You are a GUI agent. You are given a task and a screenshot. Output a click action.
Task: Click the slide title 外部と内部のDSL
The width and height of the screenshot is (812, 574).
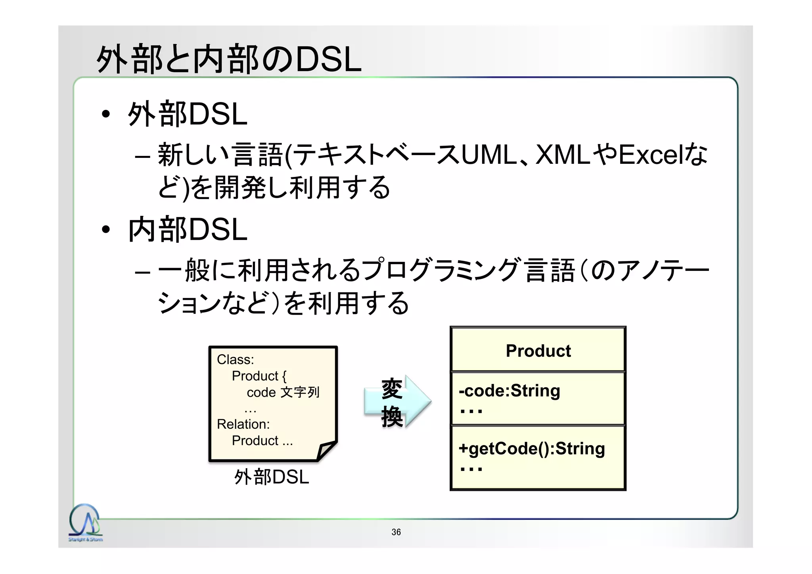pyautogui.click(x=229, y=60)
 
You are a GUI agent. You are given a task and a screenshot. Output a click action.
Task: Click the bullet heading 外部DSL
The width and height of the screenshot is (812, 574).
pyautogui.click(x=188, y=114)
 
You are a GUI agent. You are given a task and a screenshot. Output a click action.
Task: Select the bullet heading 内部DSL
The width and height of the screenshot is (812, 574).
pyautogui.click(x=188, y=230)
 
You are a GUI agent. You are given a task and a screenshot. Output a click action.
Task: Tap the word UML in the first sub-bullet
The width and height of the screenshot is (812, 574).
pyautogui.click(x=489, y=155)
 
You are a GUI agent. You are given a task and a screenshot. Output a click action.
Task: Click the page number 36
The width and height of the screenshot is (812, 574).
pyautogui.click(x=396, y=532)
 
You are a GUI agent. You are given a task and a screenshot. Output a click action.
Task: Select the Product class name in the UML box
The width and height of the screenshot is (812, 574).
pyautogui.click(x=538, y=351)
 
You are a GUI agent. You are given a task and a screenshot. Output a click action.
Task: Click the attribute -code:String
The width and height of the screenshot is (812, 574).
pyautogui.click(x=509, y=391)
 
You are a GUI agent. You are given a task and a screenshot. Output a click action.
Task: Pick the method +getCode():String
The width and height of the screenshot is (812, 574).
pyautogui.click(x=531, y=449)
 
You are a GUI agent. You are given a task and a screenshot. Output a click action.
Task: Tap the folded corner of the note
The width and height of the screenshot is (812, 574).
pyautogui.click(x=326, y=451)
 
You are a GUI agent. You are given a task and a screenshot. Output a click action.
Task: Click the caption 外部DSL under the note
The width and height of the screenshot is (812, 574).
pyautogui.click(x=271, y=477)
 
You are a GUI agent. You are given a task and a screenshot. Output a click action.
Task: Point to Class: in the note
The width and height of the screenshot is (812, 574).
pyautogui.click(x=235, y=359)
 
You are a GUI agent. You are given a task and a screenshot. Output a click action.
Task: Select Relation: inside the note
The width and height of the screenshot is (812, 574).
pyautogui.click(x=243, y=424)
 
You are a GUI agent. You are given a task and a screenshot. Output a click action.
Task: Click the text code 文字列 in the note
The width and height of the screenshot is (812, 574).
pyautogui.click(x=283, y=392)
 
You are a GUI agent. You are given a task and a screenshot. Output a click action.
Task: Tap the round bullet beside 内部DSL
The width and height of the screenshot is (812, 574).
pyautogui.click(x=105, y=230)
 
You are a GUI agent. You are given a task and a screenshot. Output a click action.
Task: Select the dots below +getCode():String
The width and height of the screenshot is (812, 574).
pyautogui.click(x=471, y=469)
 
